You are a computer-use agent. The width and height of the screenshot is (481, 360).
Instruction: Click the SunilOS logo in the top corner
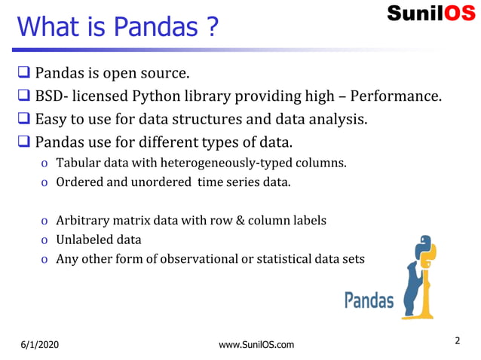pyautogui.click(x=431, y=14)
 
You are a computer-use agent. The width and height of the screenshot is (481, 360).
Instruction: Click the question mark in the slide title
pyautogui.click(x=212, y=27)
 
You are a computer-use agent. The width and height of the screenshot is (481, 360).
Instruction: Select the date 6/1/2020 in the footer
pyautogui.click(x=39, y=345)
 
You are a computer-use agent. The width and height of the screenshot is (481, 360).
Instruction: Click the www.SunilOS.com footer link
pyautogui.click(x=256, y=345)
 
